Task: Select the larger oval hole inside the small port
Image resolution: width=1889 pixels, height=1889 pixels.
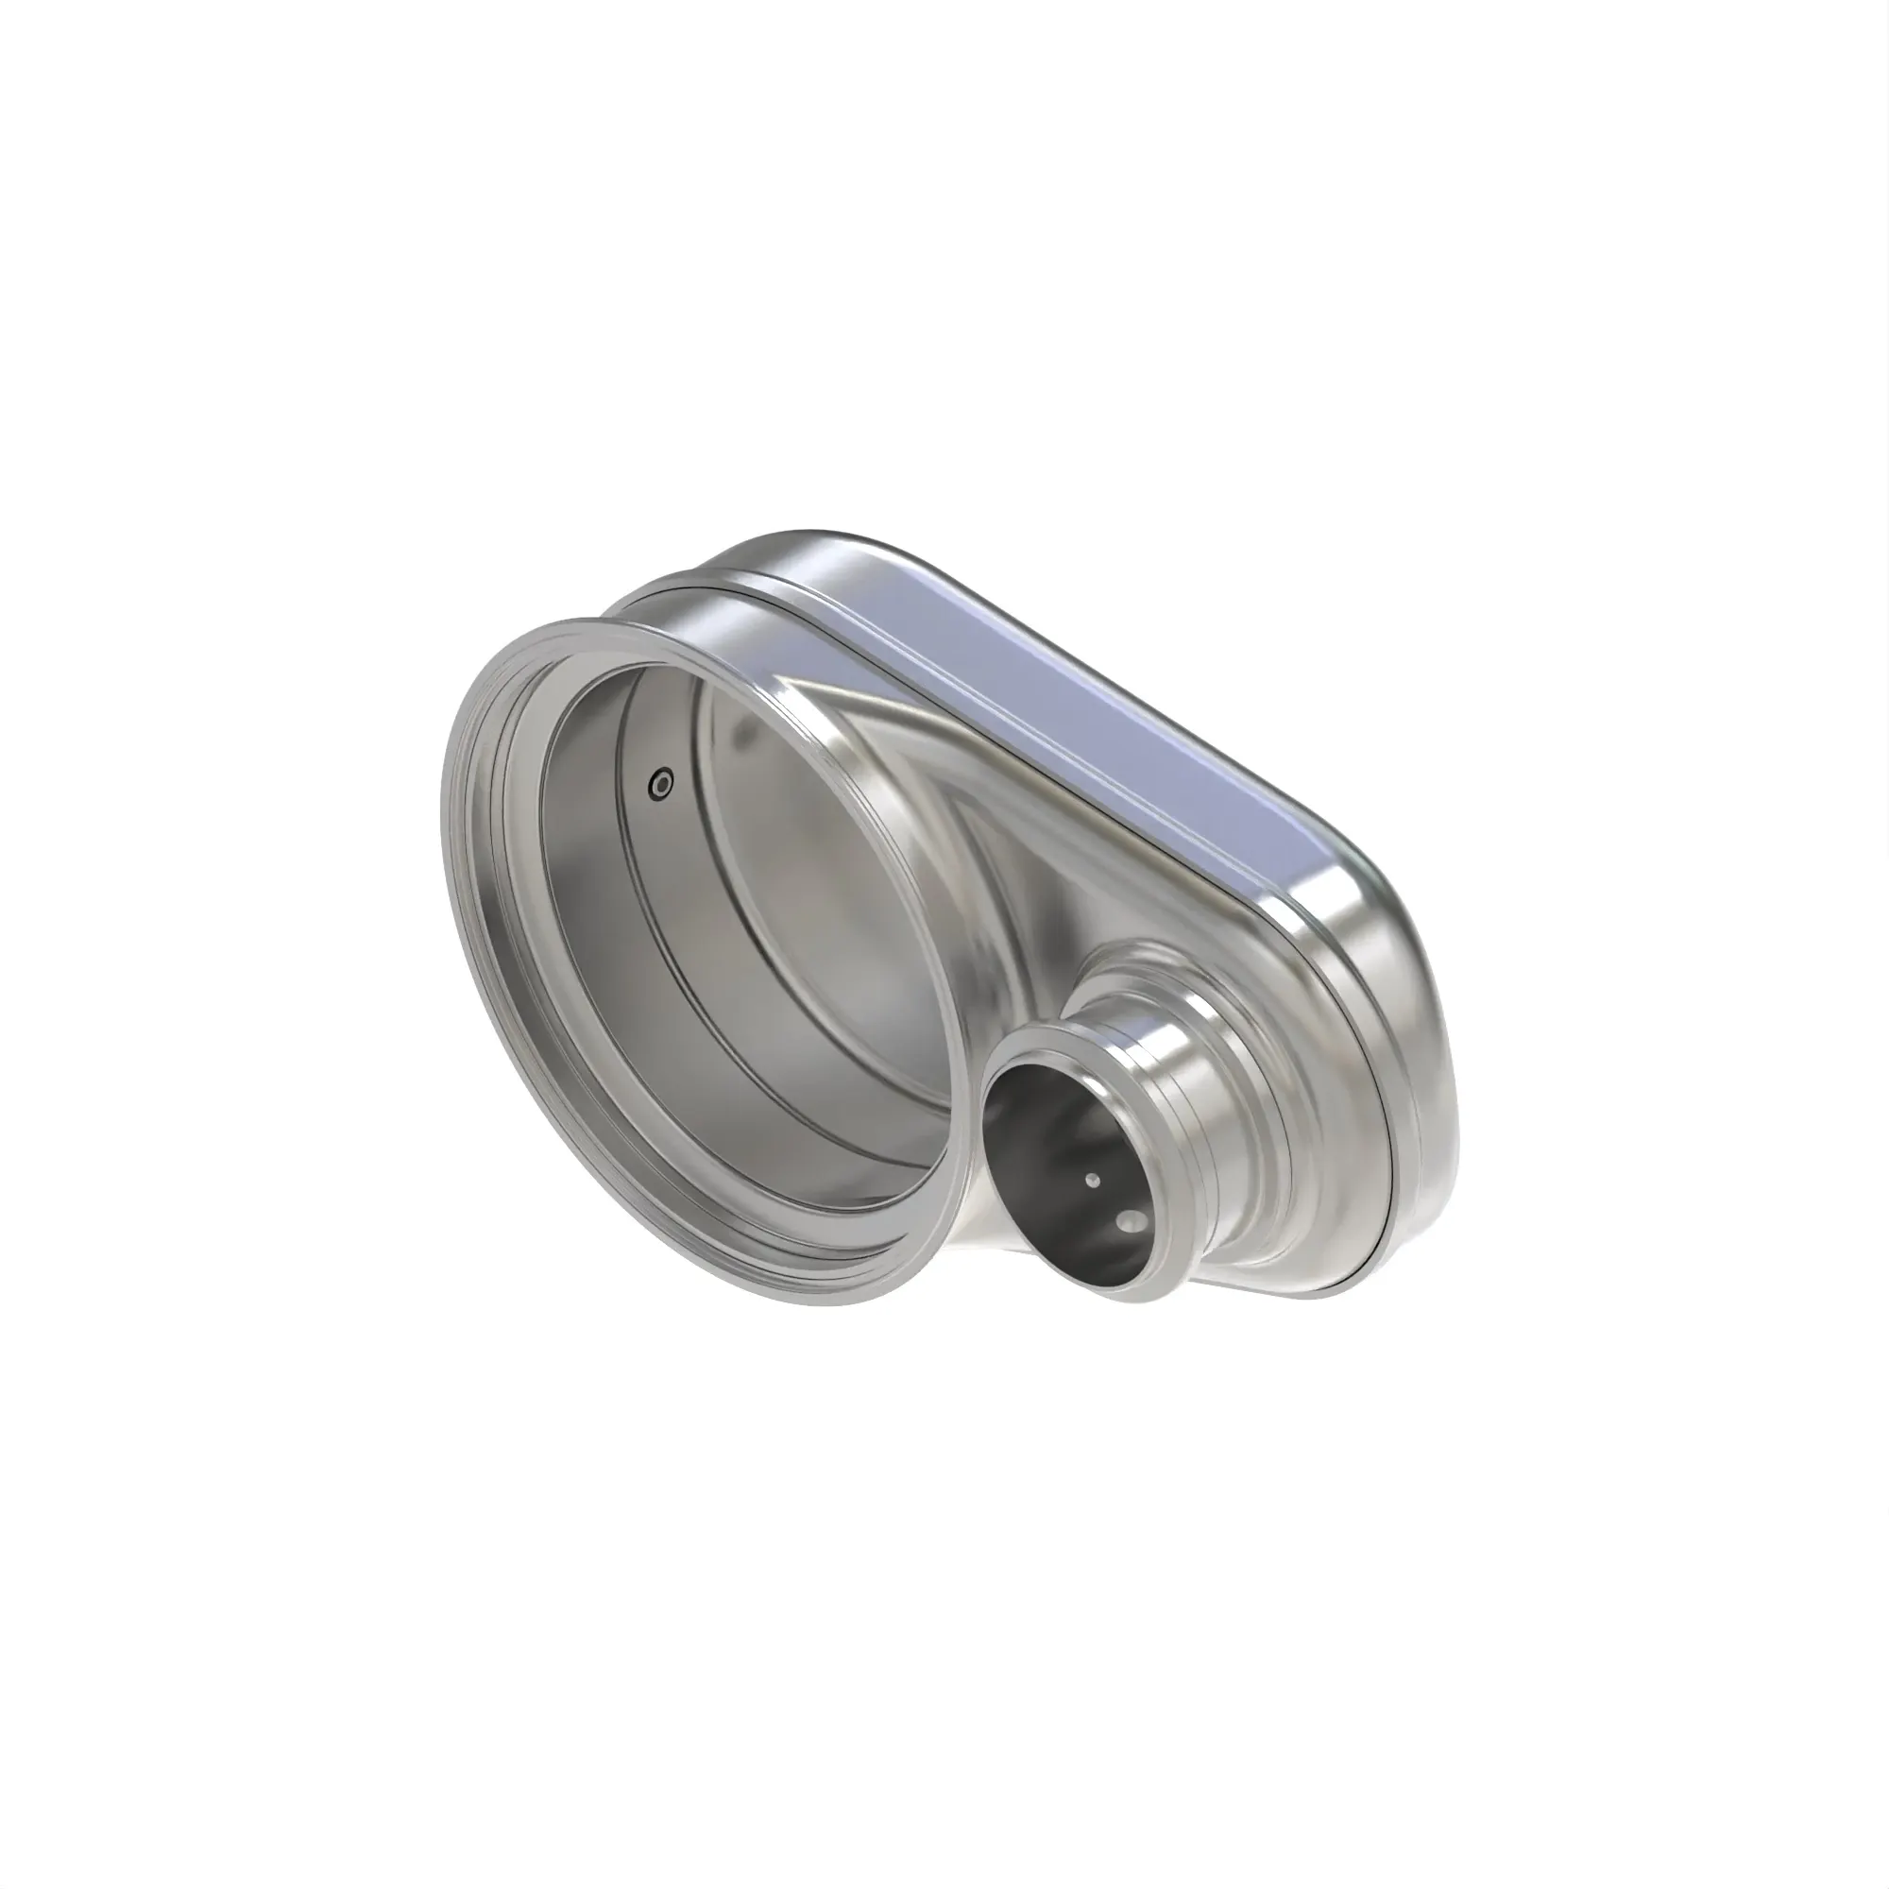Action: tap(1133, 1219)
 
